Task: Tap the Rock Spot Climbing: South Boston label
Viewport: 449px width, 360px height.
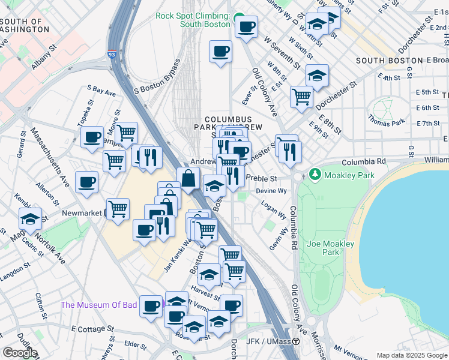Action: click(193, 20)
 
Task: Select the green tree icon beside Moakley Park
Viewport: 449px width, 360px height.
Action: click(315, 175)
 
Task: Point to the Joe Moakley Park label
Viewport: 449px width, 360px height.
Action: click(330, 248)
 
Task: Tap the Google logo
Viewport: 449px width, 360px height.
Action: click(20, 353)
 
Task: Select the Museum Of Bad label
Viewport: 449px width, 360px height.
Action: click(98, 305)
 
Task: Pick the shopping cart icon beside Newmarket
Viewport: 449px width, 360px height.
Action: click(118, 209)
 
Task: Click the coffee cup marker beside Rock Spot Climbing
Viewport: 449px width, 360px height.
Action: click(246, 26)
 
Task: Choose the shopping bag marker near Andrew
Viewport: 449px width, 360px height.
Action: click(188, 178)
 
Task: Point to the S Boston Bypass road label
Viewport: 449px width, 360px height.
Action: click(157, 76)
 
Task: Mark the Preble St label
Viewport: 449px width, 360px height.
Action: click(264, 179)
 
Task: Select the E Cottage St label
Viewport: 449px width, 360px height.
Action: click(92, 329)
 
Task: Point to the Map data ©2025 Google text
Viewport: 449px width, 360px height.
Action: click(412, 355)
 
